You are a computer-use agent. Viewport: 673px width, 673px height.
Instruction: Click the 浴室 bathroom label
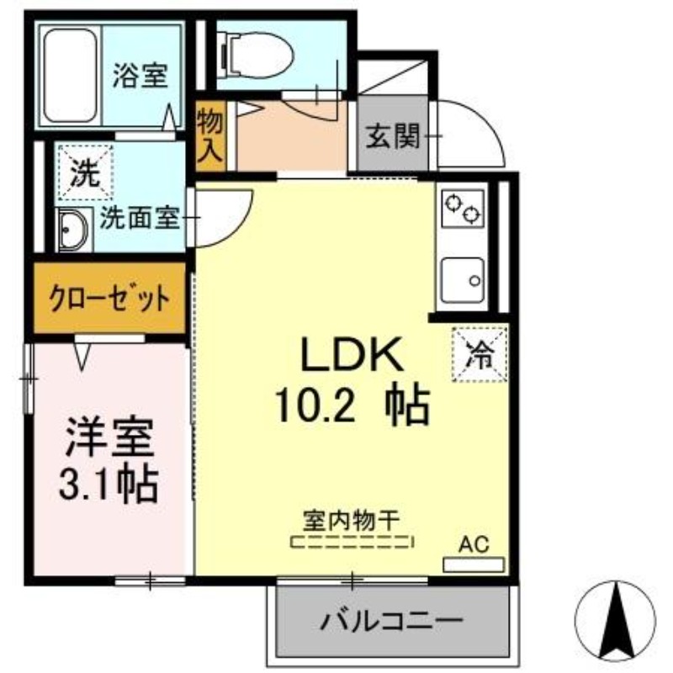pyautogui.click(x=140, y=76)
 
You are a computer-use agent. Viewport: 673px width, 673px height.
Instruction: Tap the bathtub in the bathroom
pyautogui.click(x=70, y=76)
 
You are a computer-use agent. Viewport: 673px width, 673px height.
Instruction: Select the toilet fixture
pyautogui.click(x=257, y=56)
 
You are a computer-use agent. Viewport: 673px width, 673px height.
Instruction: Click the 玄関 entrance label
pyautogui.click(x=393, y=136)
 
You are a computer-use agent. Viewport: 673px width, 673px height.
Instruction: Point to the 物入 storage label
pyautogui.click(x=209, y=135)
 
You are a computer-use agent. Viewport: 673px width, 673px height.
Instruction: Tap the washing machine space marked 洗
pyautogui.click(x=86, y=172)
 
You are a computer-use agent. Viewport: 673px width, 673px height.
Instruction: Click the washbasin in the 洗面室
pyautogui.click(x=73, y=231)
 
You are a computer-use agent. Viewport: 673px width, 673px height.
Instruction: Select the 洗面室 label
pyautogui.click(x=139, y=218)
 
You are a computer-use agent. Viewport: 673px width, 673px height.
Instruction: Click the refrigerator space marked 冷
pyautogui.click(x=480, y=354)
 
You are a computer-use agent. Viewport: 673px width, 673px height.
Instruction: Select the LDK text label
pyautogui.click(x=352, y=353)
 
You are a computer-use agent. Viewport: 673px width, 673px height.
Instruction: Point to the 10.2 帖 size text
pyautogui.click(x=352, y=405)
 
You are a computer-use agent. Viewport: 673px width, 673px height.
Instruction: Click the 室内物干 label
pyautogui.click(x=351, y=520)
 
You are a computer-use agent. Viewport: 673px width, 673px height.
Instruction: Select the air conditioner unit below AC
pyautogui.click(x=473, y=564)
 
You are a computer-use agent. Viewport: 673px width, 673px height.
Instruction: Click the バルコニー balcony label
pyautogui.click(x=392, y=620)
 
